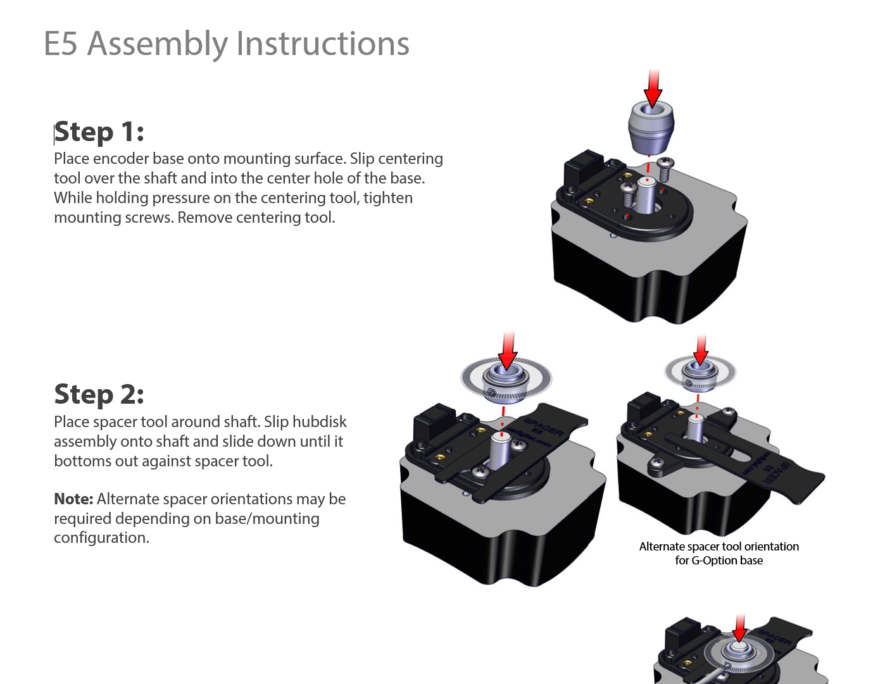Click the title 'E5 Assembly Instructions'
pos(226,44)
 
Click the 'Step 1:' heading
pos(99,132)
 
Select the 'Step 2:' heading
pos(99,394)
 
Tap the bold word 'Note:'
pos(73,499)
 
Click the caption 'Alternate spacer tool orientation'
pos(719,547)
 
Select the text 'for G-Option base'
pos(719,561)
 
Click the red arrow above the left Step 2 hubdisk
pos(507,350)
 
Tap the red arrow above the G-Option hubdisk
pos(700,349)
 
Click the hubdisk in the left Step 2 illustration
pos(506,380)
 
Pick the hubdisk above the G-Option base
pos(700,373)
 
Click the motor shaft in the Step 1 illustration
pos(647,196)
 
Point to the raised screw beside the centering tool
pos(665,168)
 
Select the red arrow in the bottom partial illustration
pos(739,628)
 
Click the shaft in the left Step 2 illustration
pos(500,451)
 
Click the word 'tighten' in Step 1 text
pos(387,198)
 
